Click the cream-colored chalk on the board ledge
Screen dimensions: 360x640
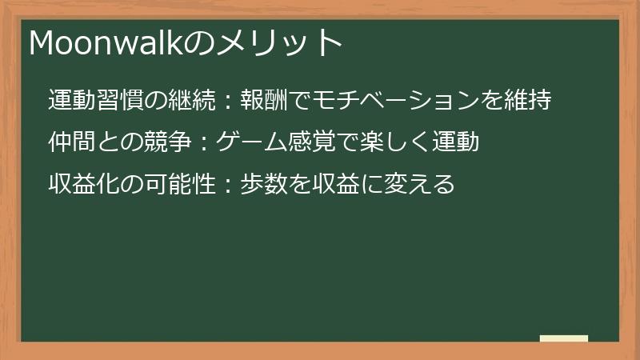564,338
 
